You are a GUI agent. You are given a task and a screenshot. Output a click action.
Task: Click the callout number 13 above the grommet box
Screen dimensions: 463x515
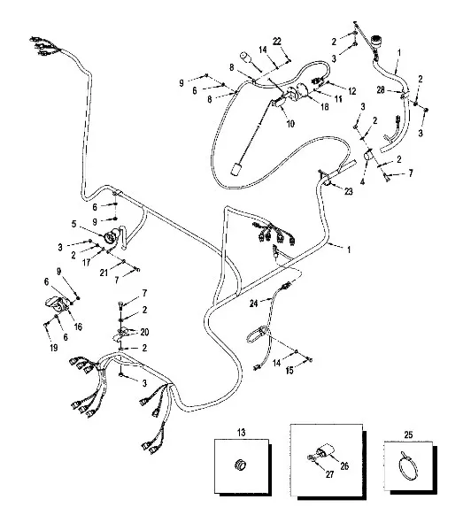241,432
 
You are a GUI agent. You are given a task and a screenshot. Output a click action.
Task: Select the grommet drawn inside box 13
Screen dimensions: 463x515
241,465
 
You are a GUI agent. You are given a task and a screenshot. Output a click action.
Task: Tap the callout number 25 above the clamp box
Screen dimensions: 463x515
408,434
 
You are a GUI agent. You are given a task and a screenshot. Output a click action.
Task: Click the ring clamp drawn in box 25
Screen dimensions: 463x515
408,466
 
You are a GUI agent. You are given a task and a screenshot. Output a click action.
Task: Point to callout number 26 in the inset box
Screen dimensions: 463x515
344,465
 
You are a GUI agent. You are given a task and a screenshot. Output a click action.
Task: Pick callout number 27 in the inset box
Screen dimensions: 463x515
329,474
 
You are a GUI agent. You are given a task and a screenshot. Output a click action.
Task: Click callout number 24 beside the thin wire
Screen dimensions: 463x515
253,304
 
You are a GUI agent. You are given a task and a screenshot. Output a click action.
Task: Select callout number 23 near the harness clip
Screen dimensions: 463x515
348,191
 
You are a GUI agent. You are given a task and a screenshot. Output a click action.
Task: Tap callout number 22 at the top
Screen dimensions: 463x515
277,42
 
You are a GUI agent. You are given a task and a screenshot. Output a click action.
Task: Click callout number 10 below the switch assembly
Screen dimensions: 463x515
290,124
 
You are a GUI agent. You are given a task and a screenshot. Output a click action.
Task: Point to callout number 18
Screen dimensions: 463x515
325,107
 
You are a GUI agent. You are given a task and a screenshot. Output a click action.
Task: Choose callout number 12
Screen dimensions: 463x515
352,91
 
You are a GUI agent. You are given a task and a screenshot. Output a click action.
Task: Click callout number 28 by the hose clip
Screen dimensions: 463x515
381,89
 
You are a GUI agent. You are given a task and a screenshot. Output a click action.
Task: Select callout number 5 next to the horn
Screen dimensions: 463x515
74,224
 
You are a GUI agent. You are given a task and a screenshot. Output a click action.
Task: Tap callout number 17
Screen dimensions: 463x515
86,263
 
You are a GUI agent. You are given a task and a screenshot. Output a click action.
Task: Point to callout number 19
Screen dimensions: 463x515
54,348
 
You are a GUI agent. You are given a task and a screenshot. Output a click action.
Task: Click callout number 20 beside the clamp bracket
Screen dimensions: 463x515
144,332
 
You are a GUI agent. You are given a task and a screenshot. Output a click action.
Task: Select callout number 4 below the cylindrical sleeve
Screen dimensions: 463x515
362,181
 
